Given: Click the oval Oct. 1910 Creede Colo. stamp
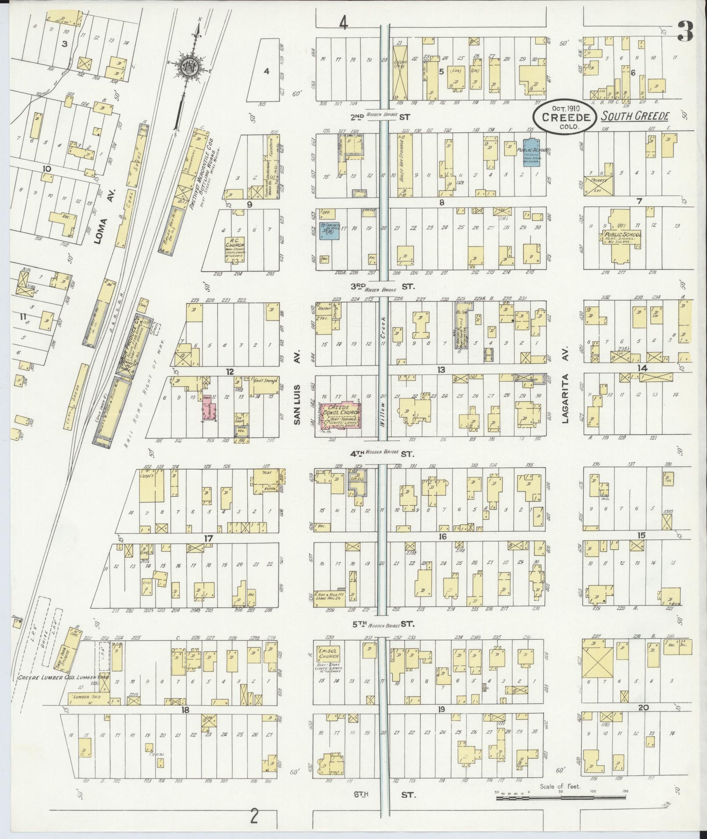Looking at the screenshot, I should click(x=564, y=117).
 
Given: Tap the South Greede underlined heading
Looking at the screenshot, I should click(x=635, y=116).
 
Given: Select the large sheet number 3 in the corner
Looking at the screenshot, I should click(x=685, y=31).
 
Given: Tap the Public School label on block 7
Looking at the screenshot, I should click(x=622, y=237).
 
